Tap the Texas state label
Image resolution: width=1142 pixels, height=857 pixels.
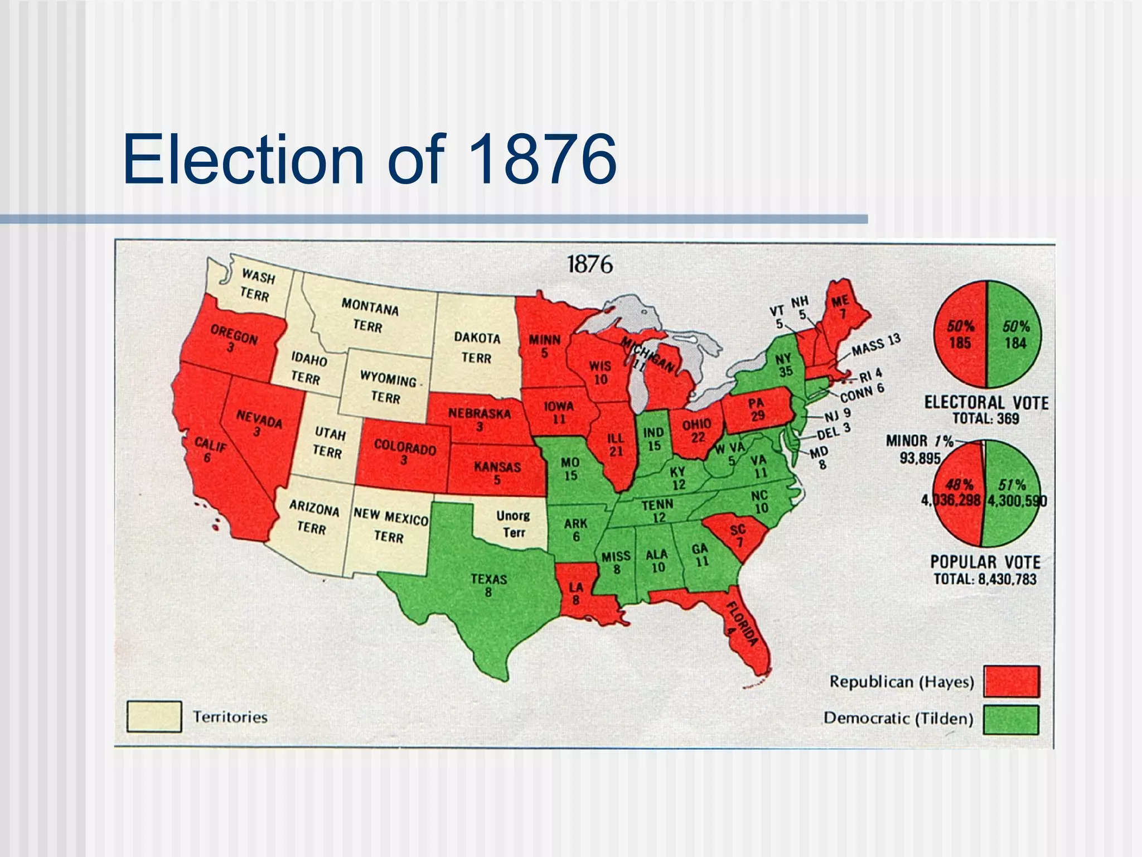pos(488,585)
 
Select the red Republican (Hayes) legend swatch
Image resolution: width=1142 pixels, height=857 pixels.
pos(1011,681)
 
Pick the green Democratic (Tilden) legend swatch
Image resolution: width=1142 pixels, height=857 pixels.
pos(1011,719)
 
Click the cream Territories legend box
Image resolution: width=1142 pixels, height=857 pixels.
pos(154,716)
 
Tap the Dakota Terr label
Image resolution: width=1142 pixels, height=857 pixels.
pos(477,347)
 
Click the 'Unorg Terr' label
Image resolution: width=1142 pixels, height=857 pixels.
pos(513,524)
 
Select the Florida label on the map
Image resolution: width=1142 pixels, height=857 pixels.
pos(741,624)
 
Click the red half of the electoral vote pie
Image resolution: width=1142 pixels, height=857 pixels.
pos(960,335)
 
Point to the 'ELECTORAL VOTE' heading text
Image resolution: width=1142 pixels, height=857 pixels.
pos(986,402)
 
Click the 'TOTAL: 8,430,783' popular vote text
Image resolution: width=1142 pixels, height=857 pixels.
pos(985,579)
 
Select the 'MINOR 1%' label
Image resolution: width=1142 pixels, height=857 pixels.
pos(920,441)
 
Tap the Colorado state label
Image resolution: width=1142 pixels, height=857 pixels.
pos(404,452)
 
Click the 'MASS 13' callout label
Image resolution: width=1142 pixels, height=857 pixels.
pos(875,345)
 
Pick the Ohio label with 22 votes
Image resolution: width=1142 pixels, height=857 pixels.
pos(697,431)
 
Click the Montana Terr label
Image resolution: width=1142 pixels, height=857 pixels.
pos(369,315)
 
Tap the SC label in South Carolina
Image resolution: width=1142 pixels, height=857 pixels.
pos(738,535)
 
